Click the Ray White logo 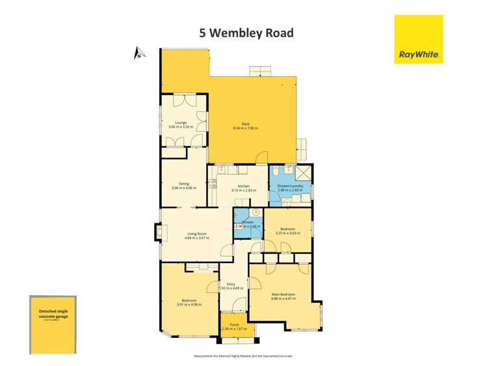pos(419,39)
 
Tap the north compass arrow pos(138,53)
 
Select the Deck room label pos(245,124)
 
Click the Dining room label pos(183,183)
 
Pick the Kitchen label pos(244,186)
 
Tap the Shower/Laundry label pos(290,186)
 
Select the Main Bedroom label pos(283,294)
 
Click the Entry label pos(231,283)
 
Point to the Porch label pos(234,324)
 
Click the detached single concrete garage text pos(53,313)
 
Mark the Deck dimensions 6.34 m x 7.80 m pos(245,128)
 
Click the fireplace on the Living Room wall pos(158,233)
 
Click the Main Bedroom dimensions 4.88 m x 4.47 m pos(283,299)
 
